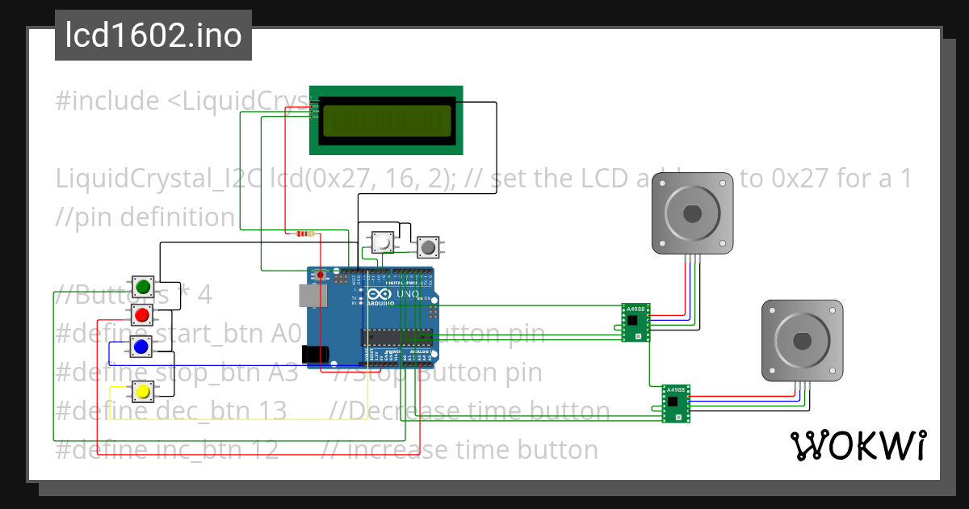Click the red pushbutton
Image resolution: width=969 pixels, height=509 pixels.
(x=142, y=314)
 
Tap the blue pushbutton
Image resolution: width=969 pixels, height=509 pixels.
(x=141, y=347)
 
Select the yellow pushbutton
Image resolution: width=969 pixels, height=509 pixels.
(x=142, y=392)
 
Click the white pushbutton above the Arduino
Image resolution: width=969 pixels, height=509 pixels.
(x=381, y=240)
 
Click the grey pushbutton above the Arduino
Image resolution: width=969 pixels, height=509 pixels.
(x=427, y=246)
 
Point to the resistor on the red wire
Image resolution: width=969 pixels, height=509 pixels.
(x=304, y=234)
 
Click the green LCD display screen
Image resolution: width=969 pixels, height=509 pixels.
(x=387, y=121)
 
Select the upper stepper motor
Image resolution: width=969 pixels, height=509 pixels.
(x=692, y=213)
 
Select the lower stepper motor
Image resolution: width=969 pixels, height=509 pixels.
(x=803, y=340)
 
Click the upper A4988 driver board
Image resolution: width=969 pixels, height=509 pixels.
(x=636, y=322)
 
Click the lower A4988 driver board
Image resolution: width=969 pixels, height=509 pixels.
(x=676, y=403)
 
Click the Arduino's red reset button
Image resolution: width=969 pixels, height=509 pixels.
(x=321, y=276)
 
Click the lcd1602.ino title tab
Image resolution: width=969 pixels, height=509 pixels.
(x=153, y=36)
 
